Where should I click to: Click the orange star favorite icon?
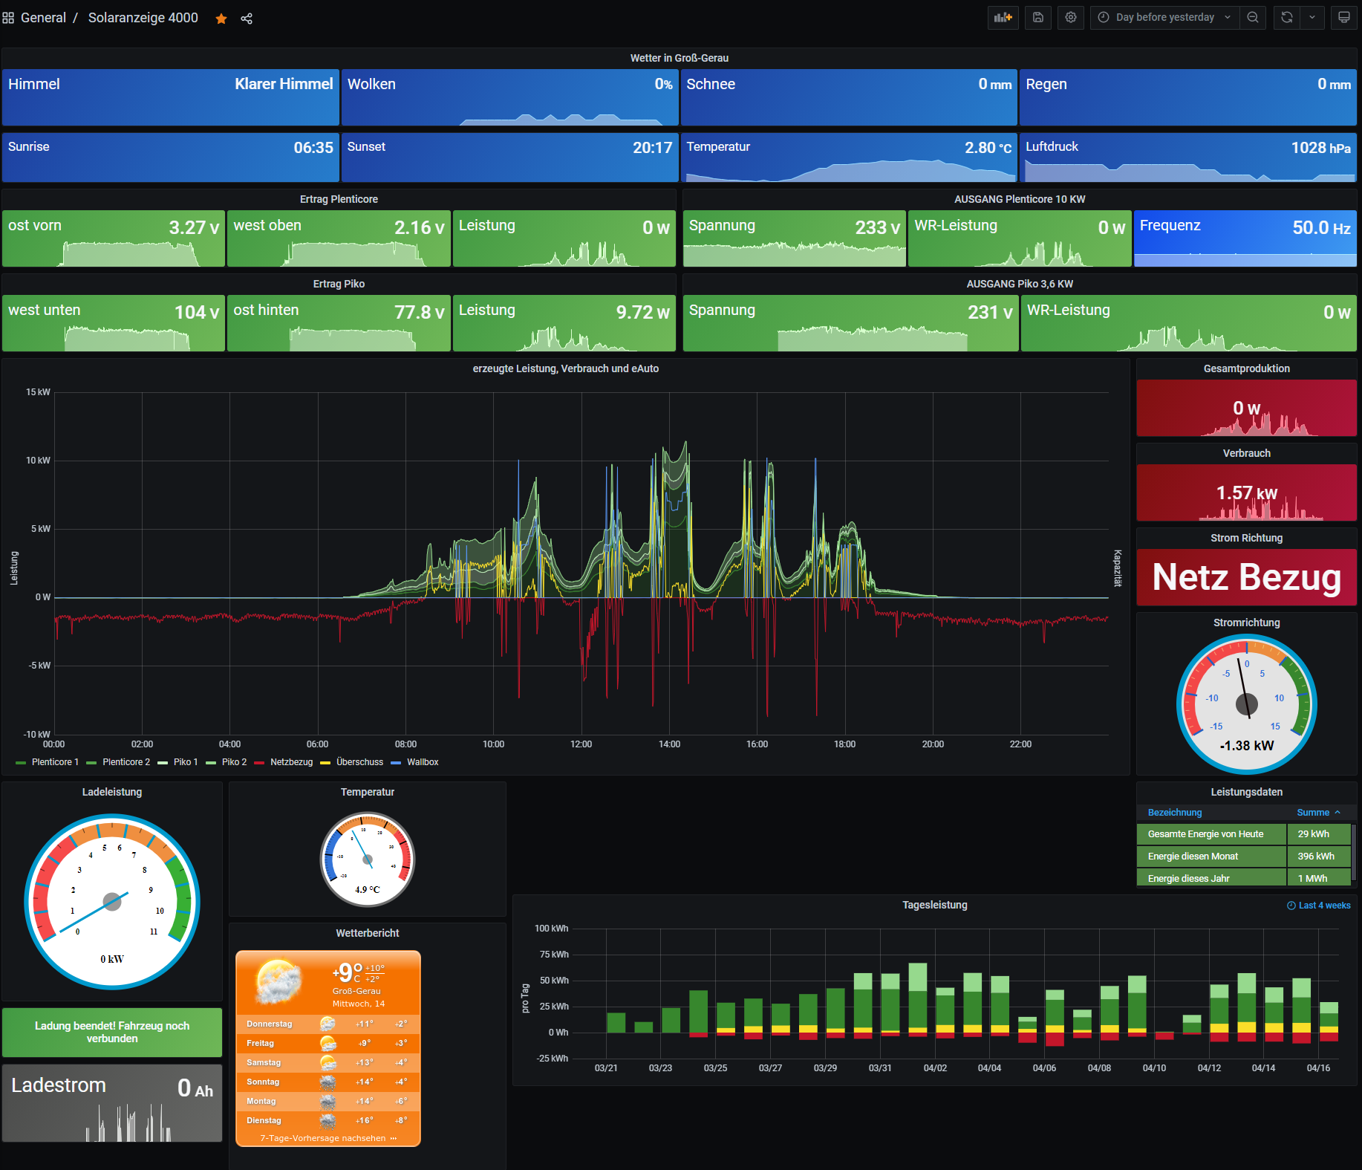click(x=221, y=19)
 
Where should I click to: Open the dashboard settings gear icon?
click(x=1070, y=17)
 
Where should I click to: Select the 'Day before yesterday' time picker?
click(x=1164, y=17)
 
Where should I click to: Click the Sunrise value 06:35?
click(x=313, y=148)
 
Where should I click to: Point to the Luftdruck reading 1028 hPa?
click(x=1320, y=148)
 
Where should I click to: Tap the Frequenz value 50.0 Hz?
click(x=1320, y=228)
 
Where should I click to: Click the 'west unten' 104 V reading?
click(x=196, y=313)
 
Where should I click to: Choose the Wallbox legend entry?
click(x=422, y=762)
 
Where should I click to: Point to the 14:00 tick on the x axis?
click(x=669, y=744)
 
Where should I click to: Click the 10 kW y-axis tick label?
click(x=38, y=461)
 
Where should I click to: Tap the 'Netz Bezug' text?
click(x=1246, y=577)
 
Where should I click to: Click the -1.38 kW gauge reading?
click(x=1246, y=746)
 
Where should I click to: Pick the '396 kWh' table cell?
click(x=1315, y=857)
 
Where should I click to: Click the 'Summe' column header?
click(x=1313, y=813)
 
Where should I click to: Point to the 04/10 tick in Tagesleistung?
click(x=1154, y=1068)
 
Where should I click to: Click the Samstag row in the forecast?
click(x=264, y=1063)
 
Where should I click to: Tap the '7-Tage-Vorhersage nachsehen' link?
click(x=323, y=1138)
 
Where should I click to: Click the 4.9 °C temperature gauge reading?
click(x=367, y=890)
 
